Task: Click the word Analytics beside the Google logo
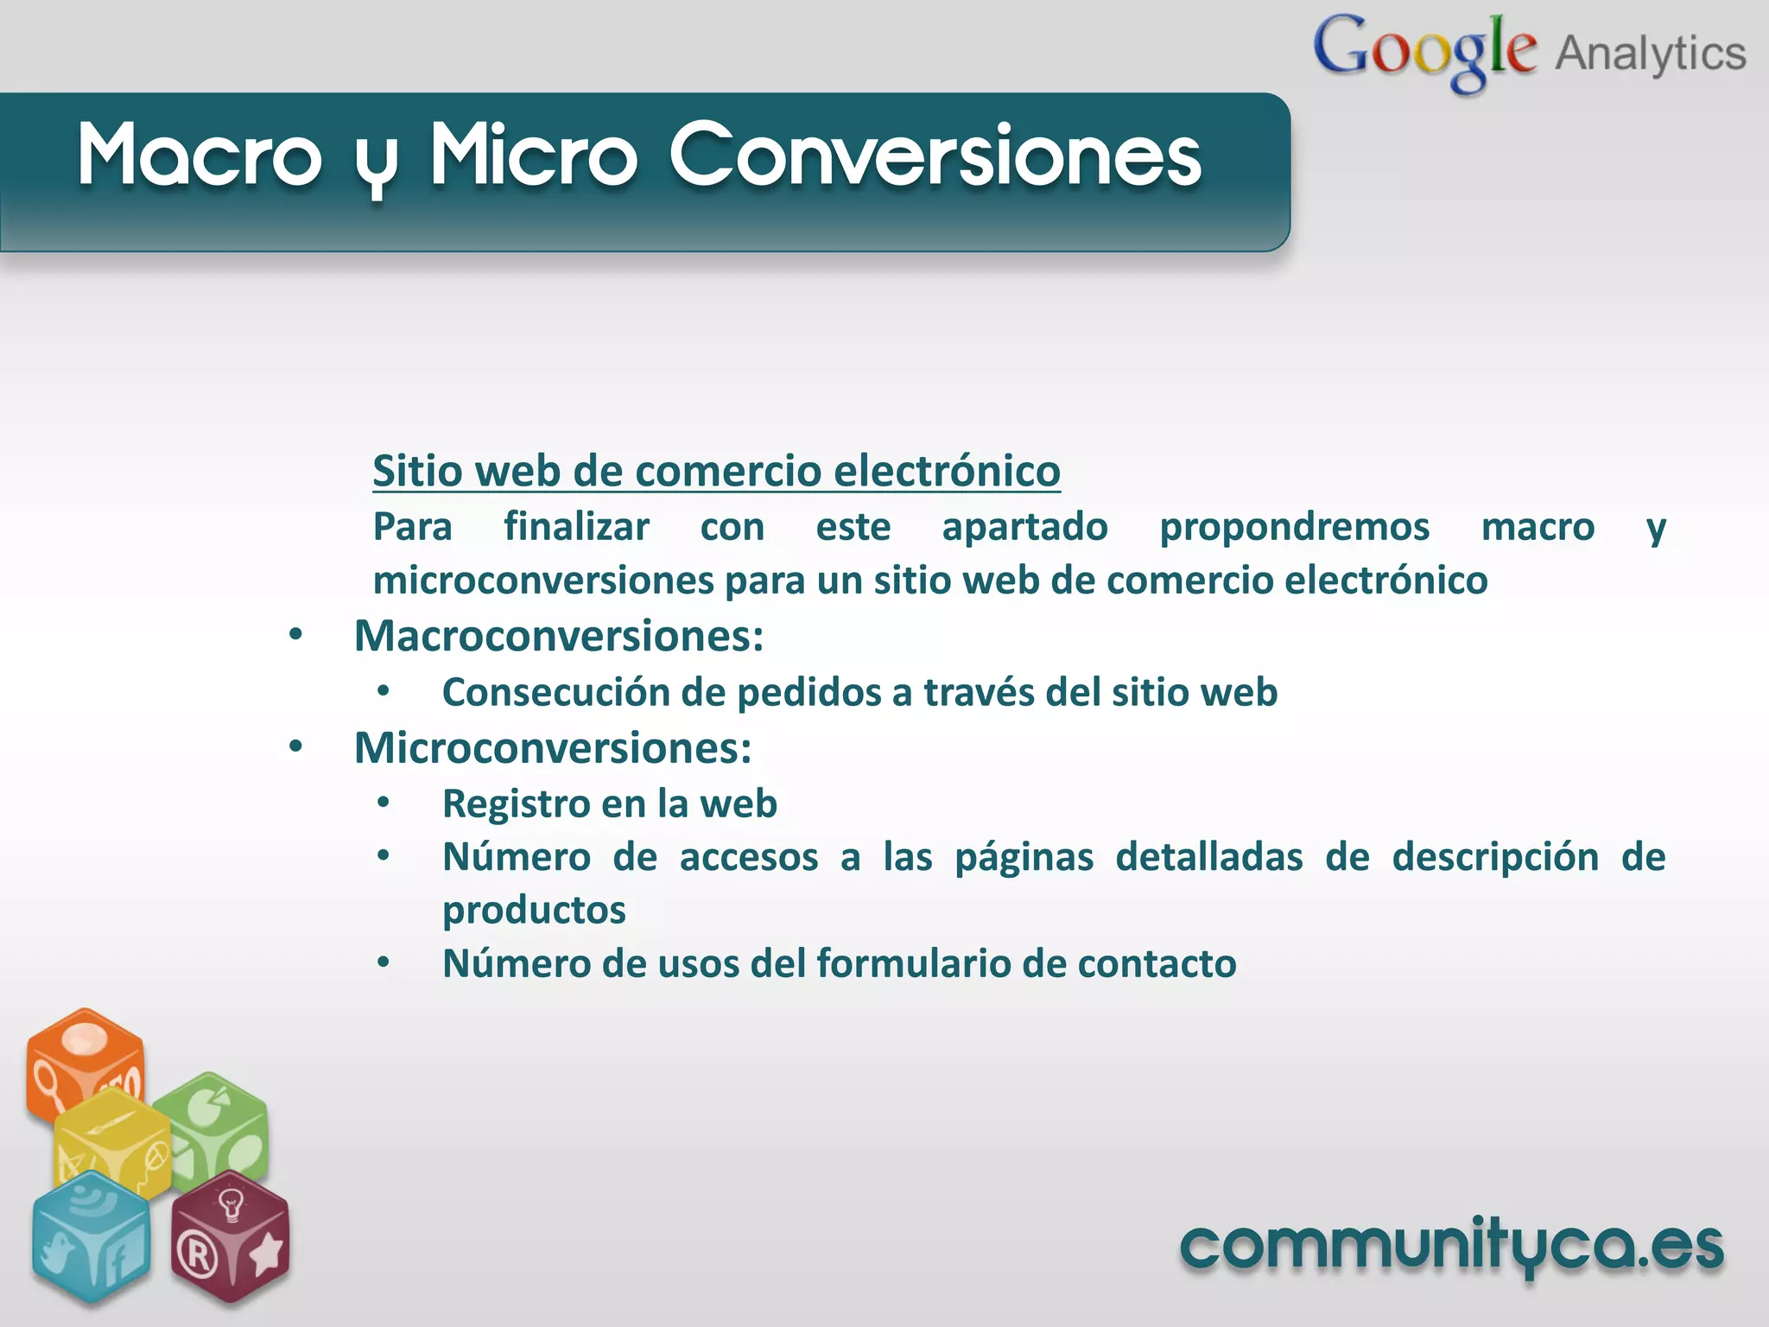1651,54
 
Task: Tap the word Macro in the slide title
200,156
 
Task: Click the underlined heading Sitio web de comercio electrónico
716,471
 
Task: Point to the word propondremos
1294,527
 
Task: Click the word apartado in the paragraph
1024,527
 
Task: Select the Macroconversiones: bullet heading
559,636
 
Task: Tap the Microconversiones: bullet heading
553,747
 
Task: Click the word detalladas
1208,857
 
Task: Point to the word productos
534,911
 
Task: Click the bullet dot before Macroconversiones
295,635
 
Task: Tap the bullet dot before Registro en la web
384,803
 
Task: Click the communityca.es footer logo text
1452,1247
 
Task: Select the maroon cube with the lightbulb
230,1235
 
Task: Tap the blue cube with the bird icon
90,1235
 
